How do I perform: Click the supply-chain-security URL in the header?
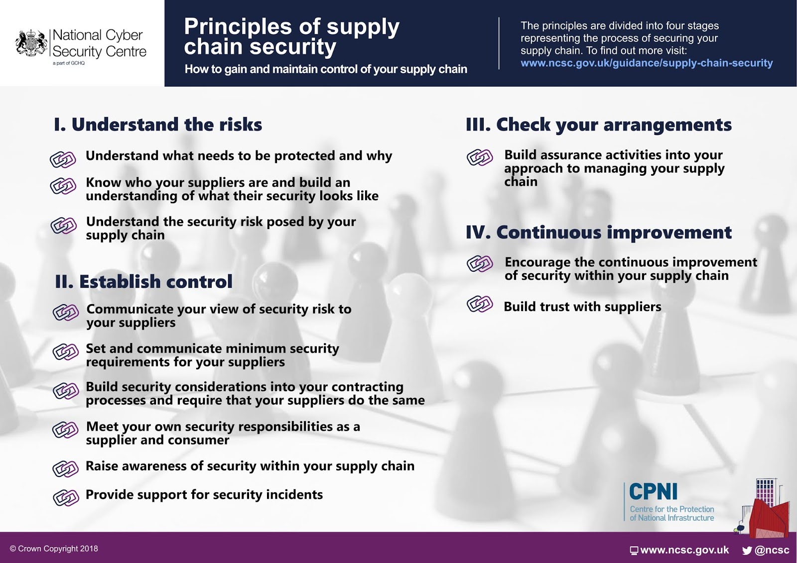[646, 63]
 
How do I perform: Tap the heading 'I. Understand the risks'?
[158, 124]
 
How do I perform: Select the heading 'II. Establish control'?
[143, 282]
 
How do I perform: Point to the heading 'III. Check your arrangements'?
[598, 124]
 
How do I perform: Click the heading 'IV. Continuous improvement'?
[598, 232]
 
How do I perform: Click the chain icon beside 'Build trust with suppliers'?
[480, 304]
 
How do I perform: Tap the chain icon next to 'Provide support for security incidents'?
[66, 497]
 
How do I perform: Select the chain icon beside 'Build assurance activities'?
[480, 157]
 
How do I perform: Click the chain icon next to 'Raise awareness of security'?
[66, 468]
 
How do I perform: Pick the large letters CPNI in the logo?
[653, 492]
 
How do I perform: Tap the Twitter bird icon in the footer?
[747, 551]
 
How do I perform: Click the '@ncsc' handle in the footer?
[772, 550]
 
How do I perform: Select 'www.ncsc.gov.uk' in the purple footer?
[684, 550]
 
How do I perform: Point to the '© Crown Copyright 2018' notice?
[54, 549]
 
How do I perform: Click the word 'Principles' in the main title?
[237, 26]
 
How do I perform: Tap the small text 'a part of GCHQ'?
[69, 63]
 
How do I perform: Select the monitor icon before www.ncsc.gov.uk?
[634, 551]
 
